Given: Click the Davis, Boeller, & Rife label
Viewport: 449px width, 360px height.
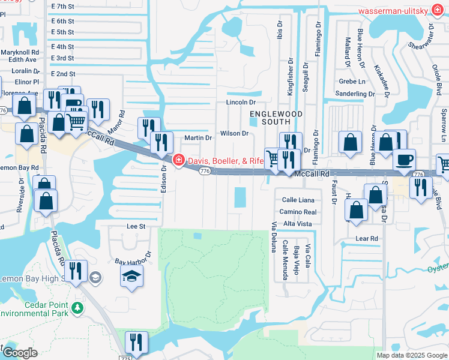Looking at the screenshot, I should pos(226,160).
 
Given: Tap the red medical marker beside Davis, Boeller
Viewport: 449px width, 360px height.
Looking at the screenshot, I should pos(179,160).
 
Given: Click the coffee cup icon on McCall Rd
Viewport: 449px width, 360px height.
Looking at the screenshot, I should pos(404,160).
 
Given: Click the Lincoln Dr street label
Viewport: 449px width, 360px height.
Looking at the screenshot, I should pos(241,103).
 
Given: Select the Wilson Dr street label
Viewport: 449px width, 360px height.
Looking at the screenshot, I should pos(234,133).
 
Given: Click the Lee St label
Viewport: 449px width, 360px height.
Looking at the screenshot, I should pos(136,226).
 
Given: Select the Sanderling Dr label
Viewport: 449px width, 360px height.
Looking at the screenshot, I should pos(355,94).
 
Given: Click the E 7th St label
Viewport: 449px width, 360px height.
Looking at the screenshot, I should pos(62,6).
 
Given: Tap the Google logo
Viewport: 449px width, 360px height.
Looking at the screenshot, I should pos(19,352).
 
